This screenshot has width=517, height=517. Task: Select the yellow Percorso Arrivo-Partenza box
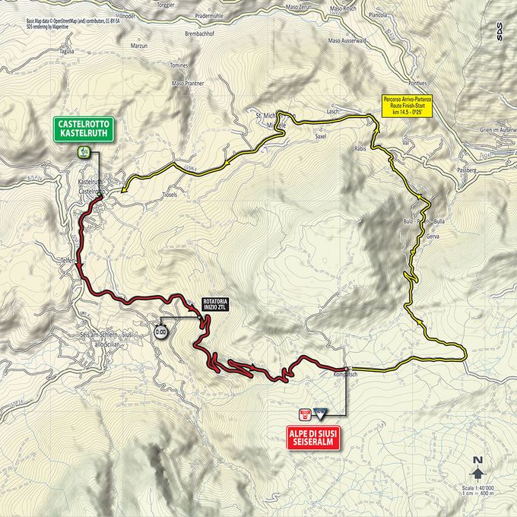point(408,106)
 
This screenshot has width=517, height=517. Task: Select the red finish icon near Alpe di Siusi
point(306,414)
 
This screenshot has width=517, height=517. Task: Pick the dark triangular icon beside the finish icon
point(320,414)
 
